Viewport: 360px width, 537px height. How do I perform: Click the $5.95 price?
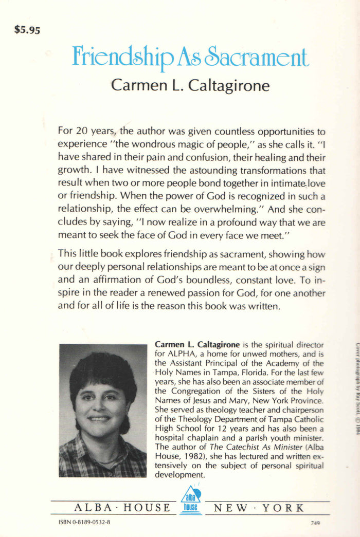(27, 30)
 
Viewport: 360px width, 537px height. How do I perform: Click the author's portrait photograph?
(102, 410)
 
